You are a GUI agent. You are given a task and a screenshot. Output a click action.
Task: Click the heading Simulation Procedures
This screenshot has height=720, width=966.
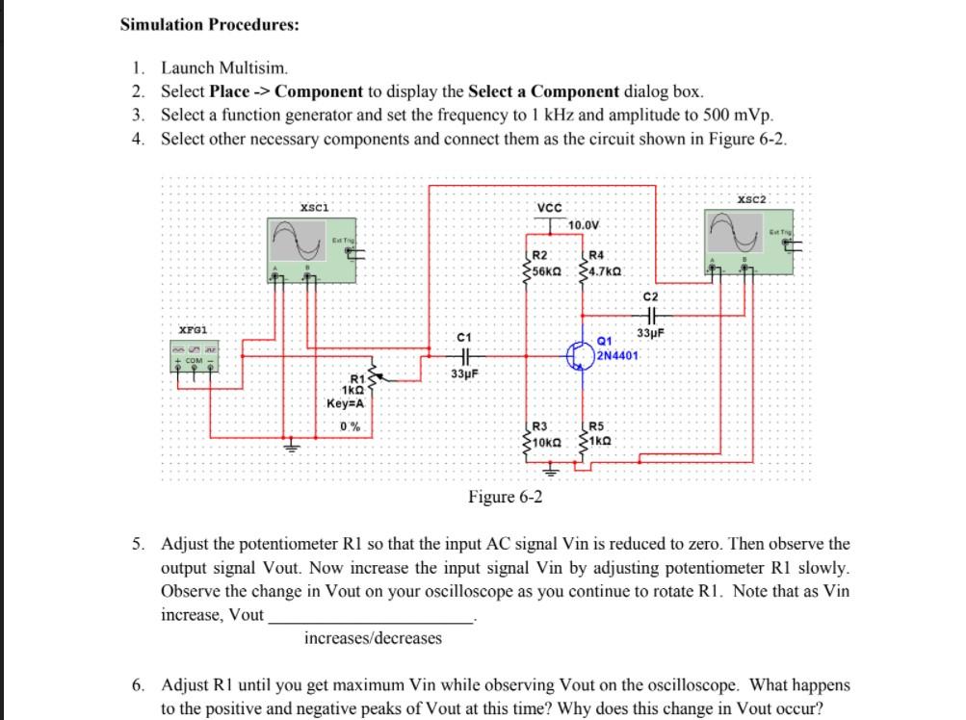point(209,24)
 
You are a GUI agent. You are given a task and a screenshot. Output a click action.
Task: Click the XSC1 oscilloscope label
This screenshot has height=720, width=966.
point(315,206)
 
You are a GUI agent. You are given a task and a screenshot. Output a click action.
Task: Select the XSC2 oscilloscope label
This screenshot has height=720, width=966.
point(751,198)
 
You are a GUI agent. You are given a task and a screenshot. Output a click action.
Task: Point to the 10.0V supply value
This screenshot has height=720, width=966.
point(585,225)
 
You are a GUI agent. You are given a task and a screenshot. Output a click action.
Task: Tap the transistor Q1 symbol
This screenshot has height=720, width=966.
point(582,354)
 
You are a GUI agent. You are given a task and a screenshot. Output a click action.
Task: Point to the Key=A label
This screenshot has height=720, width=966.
point(345,404)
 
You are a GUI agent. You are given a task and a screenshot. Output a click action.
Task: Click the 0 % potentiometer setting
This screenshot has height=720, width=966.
point(350,426)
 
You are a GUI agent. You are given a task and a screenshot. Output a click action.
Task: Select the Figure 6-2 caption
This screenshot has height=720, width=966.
point(505,497)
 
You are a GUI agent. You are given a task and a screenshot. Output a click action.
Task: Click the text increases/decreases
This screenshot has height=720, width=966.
point(373,637)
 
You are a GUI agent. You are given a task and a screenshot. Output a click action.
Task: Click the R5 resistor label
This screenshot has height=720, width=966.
point(596,426)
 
